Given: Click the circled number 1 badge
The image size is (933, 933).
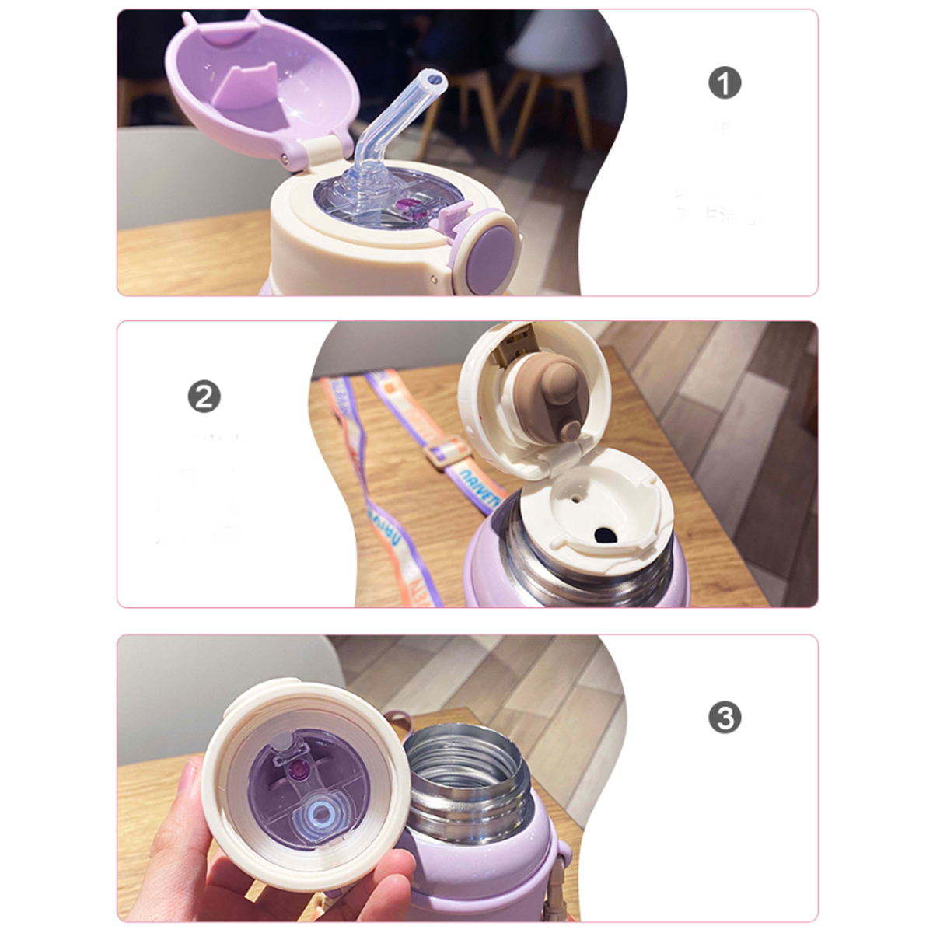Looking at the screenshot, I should pos(724,83).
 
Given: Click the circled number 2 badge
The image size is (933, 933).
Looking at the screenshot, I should pos(204,397).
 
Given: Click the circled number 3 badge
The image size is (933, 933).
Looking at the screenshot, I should pos(724,718).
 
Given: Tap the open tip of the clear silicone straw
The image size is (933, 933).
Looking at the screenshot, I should pos(432,81).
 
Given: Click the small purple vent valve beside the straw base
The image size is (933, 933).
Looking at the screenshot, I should pos(409,206).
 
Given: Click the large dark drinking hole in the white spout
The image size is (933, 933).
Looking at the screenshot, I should pos(604,535).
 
